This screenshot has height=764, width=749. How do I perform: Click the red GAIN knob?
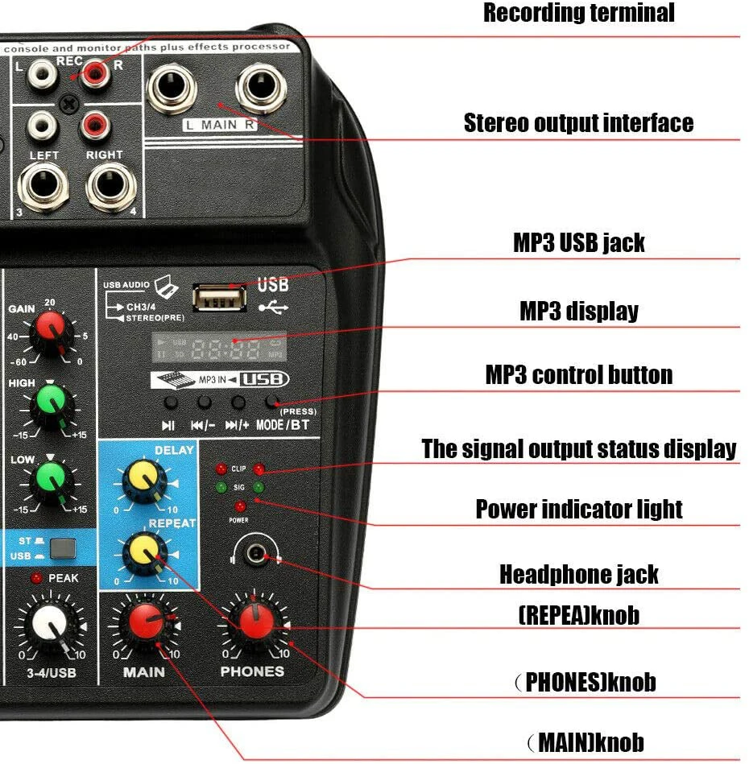(x=49, y=329)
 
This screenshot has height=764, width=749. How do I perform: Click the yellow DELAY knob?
(x=145, y=481)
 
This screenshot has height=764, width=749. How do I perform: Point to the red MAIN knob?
(x=146, y=622)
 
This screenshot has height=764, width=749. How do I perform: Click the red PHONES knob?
(x=253, y=618)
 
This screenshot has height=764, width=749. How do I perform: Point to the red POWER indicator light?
(x=239, y=506)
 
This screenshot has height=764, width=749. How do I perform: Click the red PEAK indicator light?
(x=36, y=578)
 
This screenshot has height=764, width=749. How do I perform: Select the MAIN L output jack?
(x=172, y=87)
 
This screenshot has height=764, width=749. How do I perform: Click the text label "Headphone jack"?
(x=578, y=574)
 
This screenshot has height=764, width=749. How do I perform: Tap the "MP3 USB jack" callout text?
(x=578, y=242)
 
